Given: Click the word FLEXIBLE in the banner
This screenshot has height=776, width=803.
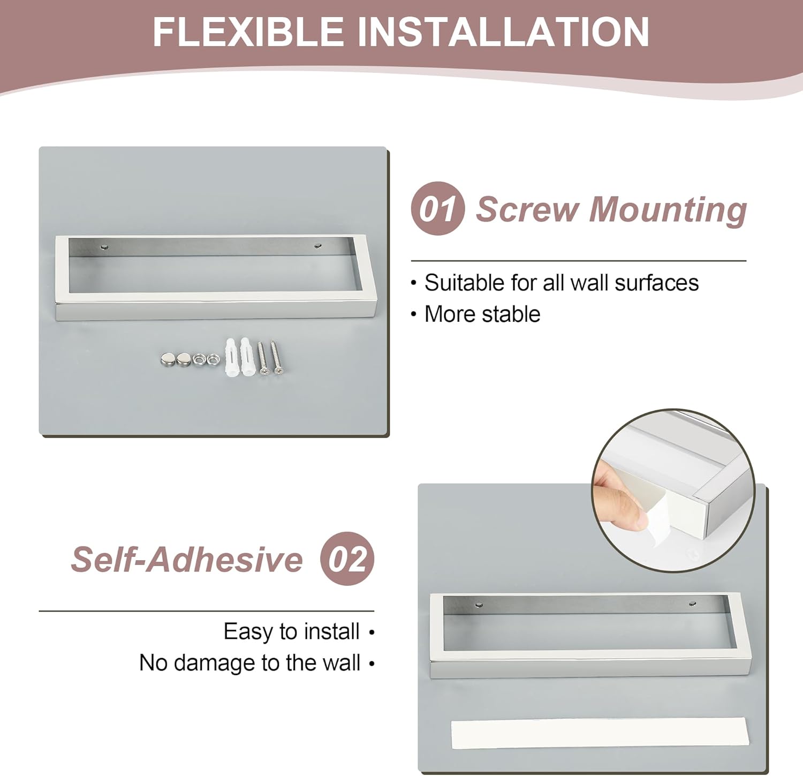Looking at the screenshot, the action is pyautogui.click(x=248, y=32).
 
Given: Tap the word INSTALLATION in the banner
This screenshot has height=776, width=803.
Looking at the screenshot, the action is pyautogui.click(x=503, y=32).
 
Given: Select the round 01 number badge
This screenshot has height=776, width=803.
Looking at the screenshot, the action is pyautogui.click(x=437, y=208).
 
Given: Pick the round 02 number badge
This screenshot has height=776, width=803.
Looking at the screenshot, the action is pyautogui.click(x=347, y=559).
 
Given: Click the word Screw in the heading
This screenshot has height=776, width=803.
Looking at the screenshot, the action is pyautogui.click(x=528, y=209).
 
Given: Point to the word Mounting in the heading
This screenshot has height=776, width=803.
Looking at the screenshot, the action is pyautogui.click(x=668, y=210).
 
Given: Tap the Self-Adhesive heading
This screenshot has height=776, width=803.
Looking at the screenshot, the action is pyautogui.click(x=187, y=559).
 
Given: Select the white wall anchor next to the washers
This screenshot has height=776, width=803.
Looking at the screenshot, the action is pyautogui.click(x=230, y=356).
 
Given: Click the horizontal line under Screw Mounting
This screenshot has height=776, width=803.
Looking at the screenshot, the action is pyautogui.click(x=579, y=261).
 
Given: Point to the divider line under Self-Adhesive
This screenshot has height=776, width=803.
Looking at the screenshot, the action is pyautogui.click(x=207, y=611).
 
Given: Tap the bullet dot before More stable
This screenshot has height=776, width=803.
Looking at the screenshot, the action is pyautogui.click(x=413, y=314).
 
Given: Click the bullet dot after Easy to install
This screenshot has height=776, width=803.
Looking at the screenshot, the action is pyautogui.click(x=372, y=632).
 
